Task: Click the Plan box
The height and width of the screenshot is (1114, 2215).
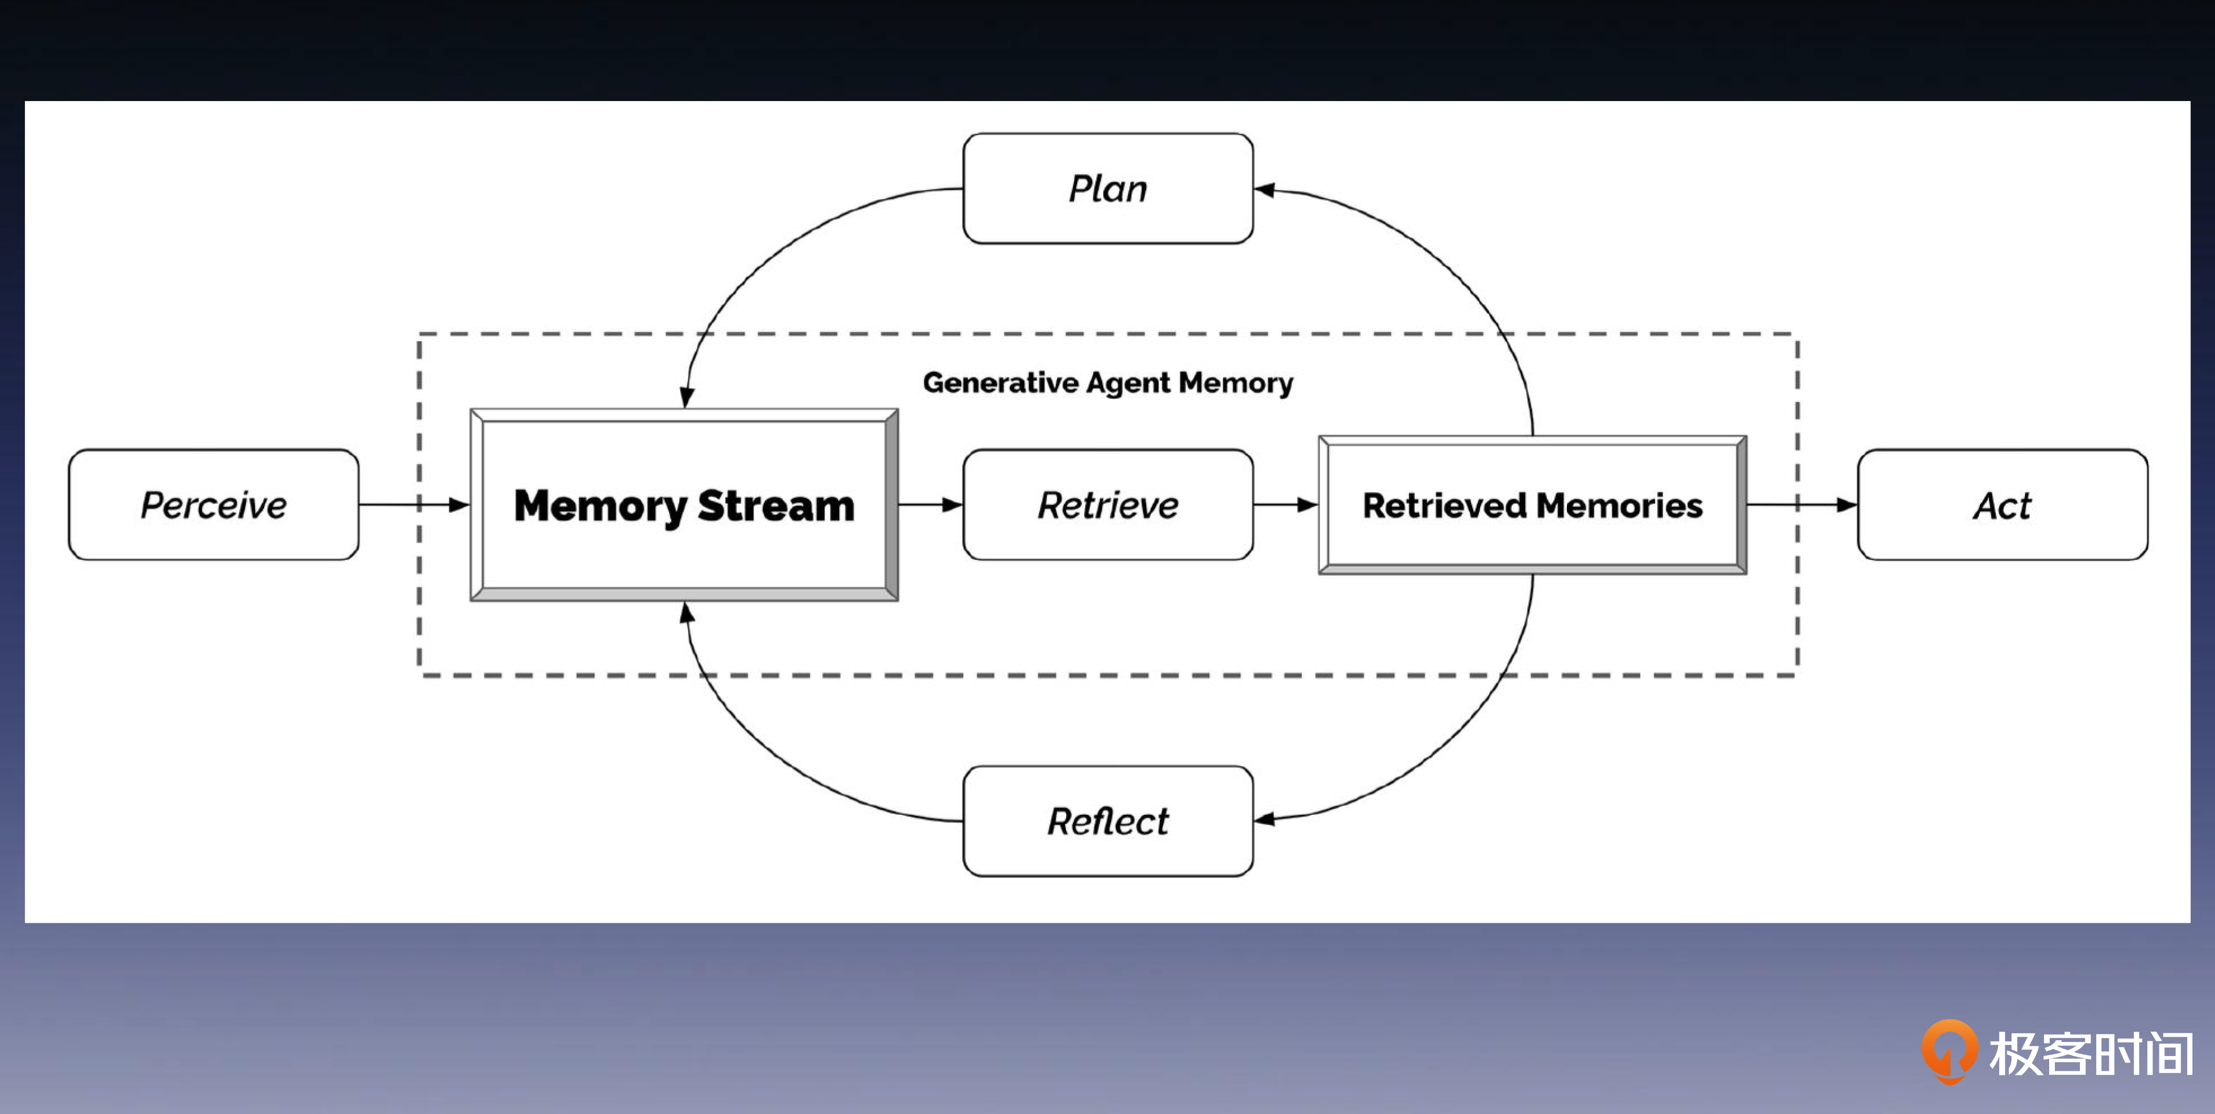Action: [1107, 189]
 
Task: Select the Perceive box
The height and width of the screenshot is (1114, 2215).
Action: [213, 505]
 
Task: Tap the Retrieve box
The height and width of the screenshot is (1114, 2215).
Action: [1107, 505]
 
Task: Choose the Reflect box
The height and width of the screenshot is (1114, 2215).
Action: [1107, 821]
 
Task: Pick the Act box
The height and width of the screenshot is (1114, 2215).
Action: [2002, 505]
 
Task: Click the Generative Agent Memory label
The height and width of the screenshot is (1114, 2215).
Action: [1107, 383]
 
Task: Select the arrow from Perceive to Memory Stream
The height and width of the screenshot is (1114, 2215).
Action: [413, 505]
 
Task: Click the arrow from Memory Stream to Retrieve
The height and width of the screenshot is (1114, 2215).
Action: [930, 505]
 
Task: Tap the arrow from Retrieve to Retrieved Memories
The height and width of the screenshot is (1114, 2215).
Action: [1285, 505]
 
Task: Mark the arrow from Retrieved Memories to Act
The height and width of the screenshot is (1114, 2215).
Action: [1802, 505]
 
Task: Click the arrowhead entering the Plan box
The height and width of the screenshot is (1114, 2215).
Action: [1264, 190]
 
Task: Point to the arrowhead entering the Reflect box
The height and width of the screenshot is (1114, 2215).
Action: [1264, 819]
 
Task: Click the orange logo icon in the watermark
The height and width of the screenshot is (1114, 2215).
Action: [1949, 1050]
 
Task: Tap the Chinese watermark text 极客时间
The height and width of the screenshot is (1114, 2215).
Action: [2091, 1053]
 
